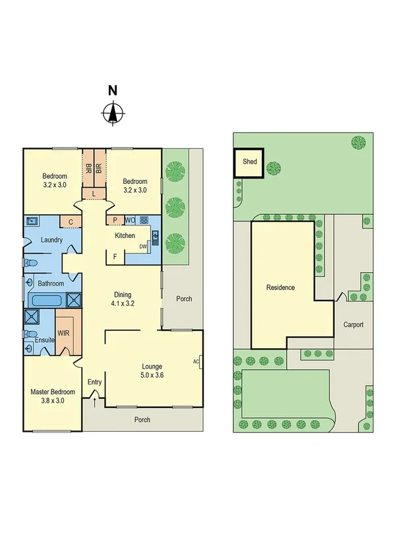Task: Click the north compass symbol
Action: [x=113, y=113]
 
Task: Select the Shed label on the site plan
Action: [x=250, y=161]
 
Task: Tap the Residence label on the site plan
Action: [x=280, y=287]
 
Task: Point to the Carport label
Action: [x=353, y=325]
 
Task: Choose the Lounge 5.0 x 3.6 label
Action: [x=152, y=370]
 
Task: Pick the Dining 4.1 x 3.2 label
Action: [x=123, y=299]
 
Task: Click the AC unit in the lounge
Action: [x=197, y=361]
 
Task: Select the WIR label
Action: [x=63, y=333]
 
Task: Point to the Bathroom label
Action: [x=50, y=283]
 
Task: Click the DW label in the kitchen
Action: [x=142, y=247]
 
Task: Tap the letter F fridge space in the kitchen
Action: [x=115, y=256]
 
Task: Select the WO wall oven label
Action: [x=130, y=220]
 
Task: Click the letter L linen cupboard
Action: [x=94, y=193]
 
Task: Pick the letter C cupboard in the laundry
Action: [x=70, y=221]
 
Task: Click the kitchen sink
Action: [x=156, y=236]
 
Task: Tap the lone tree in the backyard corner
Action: [x=358, y=142]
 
